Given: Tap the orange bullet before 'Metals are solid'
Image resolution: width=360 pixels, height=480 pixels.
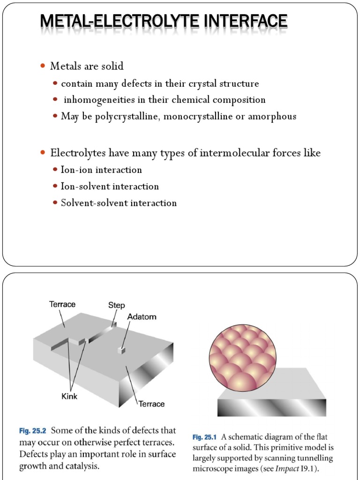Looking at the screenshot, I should [44, 67].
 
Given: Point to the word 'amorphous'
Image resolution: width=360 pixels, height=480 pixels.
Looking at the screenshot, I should [273, 116].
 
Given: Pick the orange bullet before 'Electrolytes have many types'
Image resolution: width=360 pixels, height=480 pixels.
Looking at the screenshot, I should [44, 153].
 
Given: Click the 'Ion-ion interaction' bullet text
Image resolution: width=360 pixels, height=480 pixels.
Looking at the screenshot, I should [101, 170].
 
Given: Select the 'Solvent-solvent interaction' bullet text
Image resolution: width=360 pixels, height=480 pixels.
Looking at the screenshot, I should [119, 203].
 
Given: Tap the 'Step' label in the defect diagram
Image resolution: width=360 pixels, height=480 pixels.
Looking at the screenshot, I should [116, 305].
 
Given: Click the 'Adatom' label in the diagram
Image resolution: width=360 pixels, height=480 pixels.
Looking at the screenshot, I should [142, 317].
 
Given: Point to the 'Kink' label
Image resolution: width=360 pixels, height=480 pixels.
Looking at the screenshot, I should [69, 396].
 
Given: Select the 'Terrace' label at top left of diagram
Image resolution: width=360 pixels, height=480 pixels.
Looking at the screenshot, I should [62, 304].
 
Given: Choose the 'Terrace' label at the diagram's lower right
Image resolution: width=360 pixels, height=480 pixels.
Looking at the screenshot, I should [151, 404].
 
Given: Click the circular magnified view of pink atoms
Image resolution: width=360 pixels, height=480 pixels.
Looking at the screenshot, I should [242, 357].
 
